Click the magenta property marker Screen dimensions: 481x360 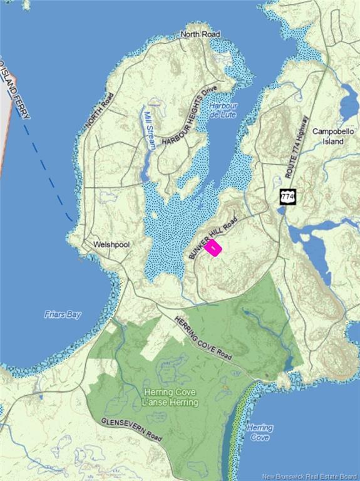(x=213, y=248)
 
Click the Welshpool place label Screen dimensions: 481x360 (x=111, y=244)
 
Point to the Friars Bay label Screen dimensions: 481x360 (x=63, y=315)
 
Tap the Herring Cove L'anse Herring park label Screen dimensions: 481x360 (x=170, y=397)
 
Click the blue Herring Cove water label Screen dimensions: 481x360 (x=259, y=432)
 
